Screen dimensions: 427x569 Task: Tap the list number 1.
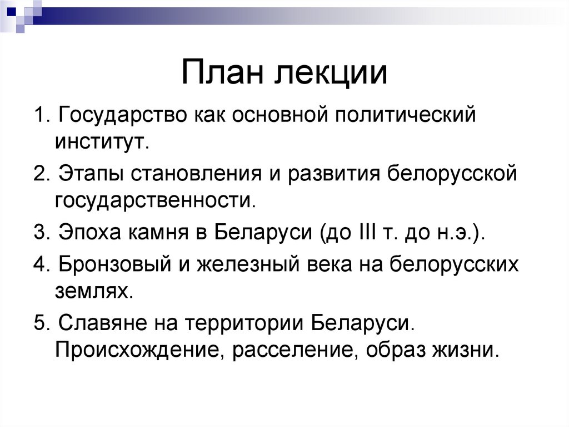pyautogui.click(x=40, y=116)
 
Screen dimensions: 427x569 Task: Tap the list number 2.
pyautogui.click(x=40, y=173)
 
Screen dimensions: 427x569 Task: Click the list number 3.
pyautogui.click(x=40, y=231)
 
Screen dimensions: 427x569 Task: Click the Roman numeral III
pyautogui.click(x=362, y=231)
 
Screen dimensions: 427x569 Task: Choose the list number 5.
pyautogui.click(x=40, y=322)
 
